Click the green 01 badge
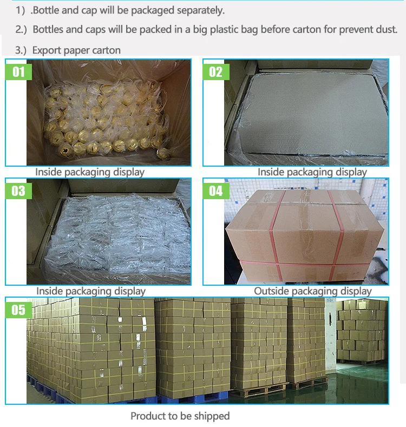coord(18,72)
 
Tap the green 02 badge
coord(216,72)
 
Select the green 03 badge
coord(18,191)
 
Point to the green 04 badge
coord(216,191)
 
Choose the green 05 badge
coord(18,310)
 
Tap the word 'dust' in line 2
coord(387,29)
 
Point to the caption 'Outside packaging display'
coord(313,291)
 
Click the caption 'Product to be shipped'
coord(180,416)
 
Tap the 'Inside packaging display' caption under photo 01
coord(90,172)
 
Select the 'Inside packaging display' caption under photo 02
coord(312,172)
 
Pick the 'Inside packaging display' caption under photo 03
coord(91,291)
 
